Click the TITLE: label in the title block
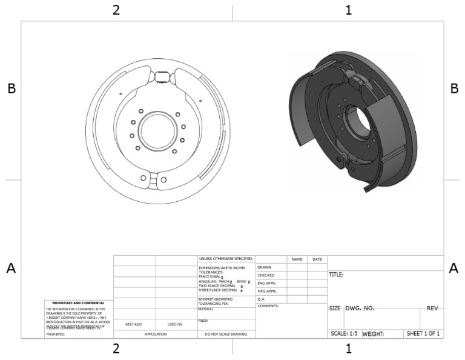point(336,275)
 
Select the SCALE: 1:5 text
point(343,333)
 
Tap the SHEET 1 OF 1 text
point(423,333)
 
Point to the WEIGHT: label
point(374,333)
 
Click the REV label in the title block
point(432,308)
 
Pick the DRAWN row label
point(264,267)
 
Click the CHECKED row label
point(266,275)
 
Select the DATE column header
point(317,259)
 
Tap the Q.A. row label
point(262,299)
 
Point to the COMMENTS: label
point(268,306)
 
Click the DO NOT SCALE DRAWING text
point(226,334)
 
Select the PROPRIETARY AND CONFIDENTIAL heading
point(79,302)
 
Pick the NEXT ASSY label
point(134,324)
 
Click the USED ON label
point(175,324)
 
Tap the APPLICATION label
point(155,334)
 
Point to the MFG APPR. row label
point(267,291)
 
